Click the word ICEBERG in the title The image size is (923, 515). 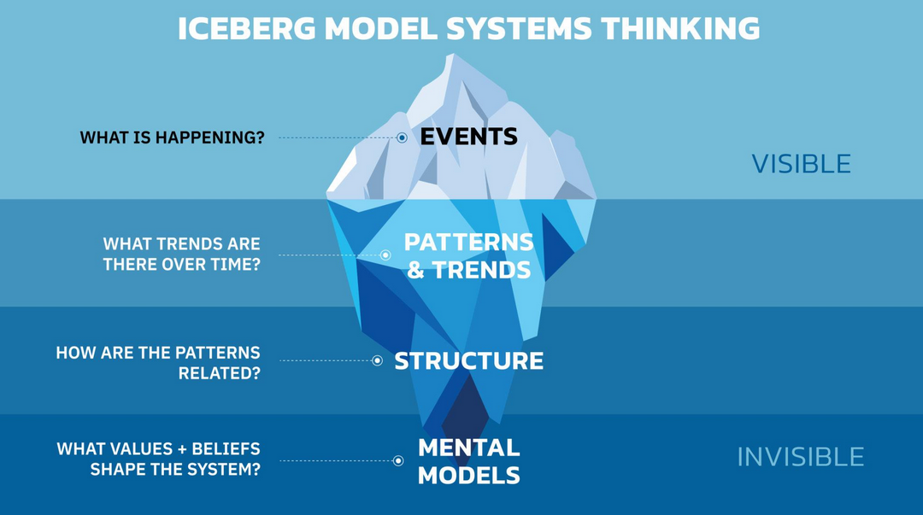coord(246,28)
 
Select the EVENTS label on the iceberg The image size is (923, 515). coord(468,137)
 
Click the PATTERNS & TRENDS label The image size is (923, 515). coord(468,256)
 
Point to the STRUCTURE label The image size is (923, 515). coord(468,360)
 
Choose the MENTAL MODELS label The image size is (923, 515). coord(468,461)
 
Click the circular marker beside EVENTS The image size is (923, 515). coord(402,138)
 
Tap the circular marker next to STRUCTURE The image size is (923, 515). coord(377,360)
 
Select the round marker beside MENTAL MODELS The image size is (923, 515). coord(398,460)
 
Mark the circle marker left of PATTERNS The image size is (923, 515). coord(385,255)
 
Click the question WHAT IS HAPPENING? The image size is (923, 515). coord(172,138)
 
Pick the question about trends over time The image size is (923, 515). coord(181,255)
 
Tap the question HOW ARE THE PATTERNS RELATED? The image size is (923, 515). coord(158,362)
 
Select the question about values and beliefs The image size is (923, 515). coord(158,459)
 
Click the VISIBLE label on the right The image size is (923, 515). coord(801,163)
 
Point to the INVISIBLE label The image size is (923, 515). coord(800,457)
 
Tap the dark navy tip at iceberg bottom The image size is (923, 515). coord(462,410)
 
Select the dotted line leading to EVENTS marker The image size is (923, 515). coord(338,138)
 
